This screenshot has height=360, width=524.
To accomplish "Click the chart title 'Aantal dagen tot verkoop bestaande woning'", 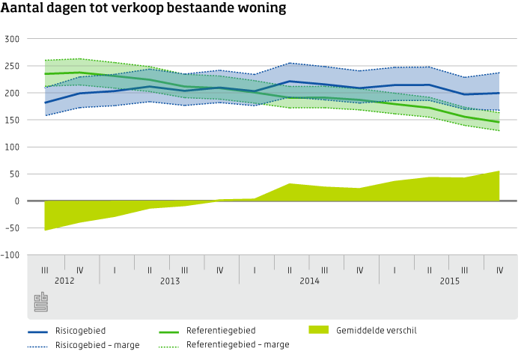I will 144,10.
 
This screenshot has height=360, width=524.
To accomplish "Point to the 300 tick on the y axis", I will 13,39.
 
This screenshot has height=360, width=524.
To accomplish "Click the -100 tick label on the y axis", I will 11,255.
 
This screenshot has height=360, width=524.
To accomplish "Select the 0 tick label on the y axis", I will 16,201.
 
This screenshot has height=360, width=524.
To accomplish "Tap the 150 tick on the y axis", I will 13,120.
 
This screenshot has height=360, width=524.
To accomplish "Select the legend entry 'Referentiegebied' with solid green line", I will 221,331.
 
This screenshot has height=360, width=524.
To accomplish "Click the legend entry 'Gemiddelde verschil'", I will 377,330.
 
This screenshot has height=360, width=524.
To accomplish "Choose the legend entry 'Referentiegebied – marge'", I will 237,345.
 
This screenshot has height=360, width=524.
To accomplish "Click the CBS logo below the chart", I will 41,302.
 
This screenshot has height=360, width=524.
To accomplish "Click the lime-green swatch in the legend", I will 319,329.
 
